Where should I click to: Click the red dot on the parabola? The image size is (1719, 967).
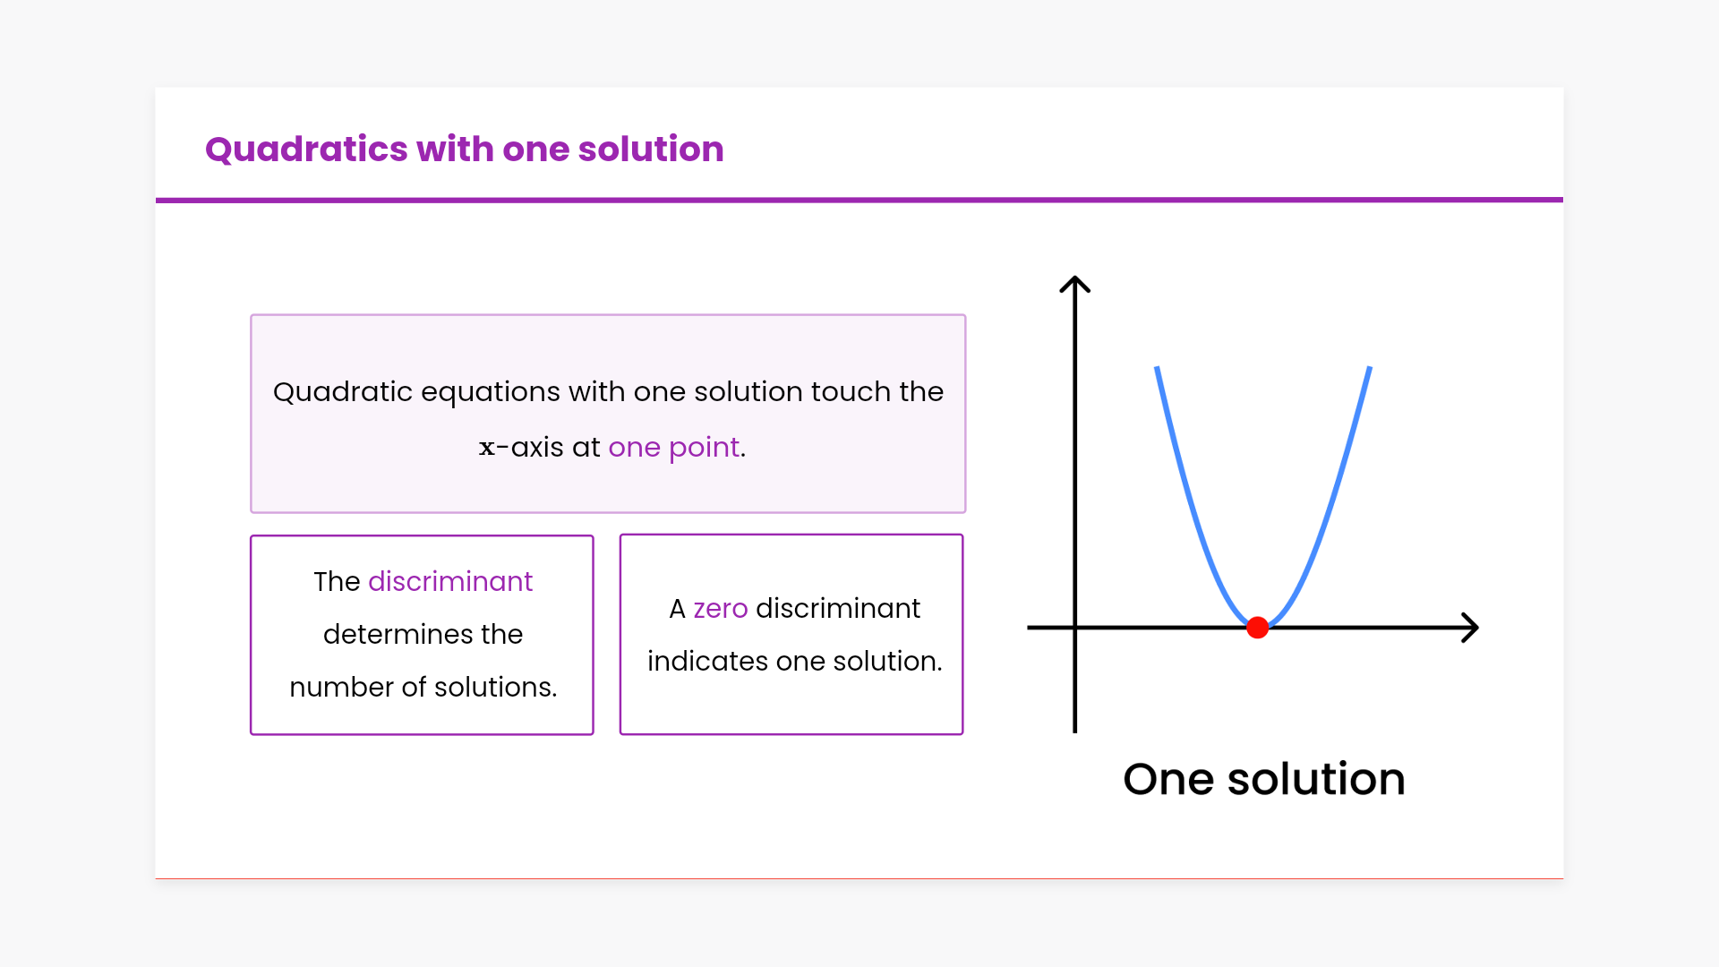point(1257,628)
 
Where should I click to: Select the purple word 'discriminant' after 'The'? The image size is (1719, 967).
point(450,581)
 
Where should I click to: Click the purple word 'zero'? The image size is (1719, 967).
point(721,609)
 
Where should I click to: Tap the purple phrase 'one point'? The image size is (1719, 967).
point(674,447)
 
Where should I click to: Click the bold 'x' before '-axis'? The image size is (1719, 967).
point(487,448)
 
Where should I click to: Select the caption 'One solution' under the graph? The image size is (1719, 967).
point(1264,779)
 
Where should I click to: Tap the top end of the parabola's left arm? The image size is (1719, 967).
point(1157,367)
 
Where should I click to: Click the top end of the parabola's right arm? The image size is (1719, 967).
point(1370,367)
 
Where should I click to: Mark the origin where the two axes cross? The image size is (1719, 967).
point(1074,628)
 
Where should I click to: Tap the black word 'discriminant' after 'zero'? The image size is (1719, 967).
point(838,608)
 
